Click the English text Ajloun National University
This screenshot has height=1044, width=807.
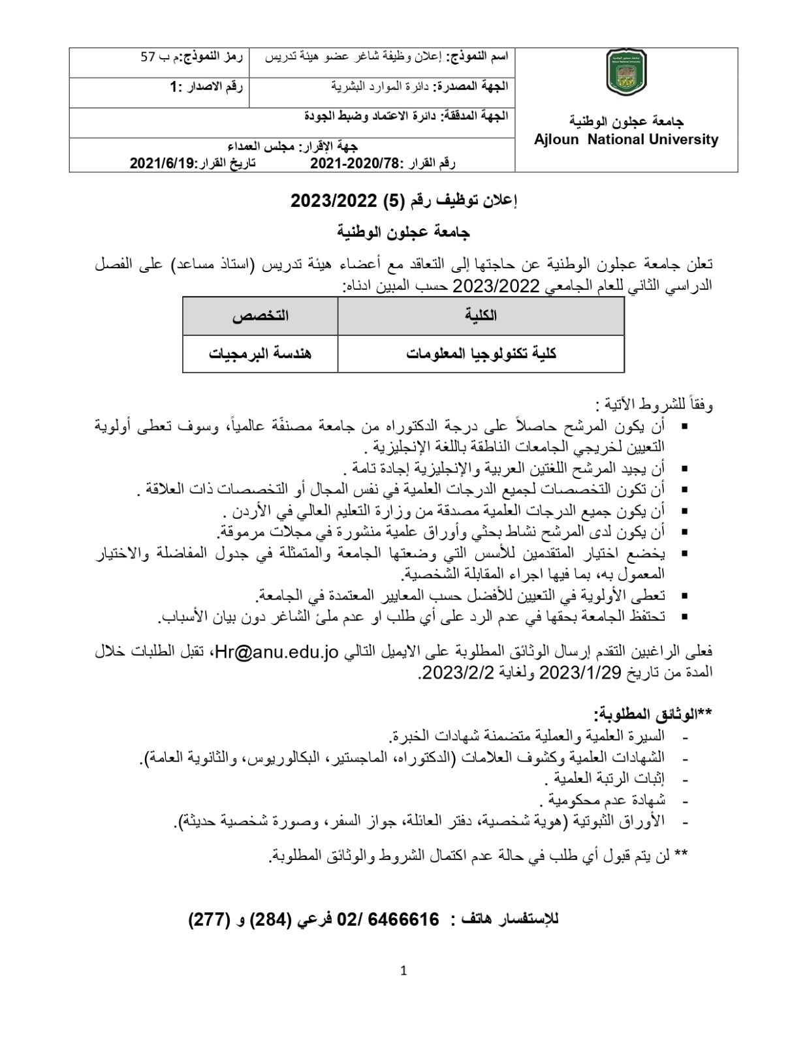click(625, 139)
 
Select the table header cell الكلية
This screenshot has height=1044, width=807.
click(481, 316)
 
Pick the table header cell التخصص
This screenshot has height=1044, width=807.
click(260, 316)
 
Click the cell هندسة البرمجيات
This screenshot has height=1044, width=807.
click(260, 354)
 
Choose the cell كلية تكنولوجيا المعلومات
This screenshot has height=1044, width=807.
click(481, 354)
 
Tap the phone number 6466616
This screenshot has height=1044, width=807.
click(403, 919)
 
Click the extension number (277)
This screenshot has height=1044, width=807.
click(210, 919)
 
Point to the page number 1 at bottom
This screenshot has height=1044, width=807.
click(403, 971)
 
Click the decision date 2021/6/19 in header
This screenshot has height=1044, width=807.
click(163, 162)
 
